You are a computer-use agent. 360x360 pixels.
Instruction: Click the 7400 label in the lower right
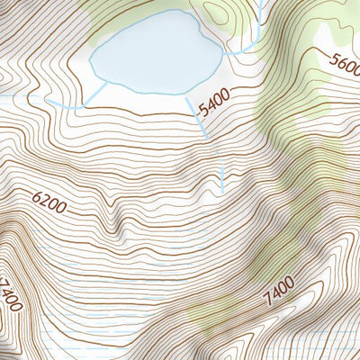tap(279, 292)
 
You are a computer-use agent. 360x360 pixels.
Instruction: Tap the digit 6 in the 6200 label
tap(39, 197)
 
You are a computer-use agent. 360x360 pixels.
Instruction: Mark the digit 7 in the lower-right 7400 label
tap(267, 300)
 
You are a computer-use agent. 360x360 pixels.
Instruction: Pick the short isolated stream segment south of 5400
tap(222, 178)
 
